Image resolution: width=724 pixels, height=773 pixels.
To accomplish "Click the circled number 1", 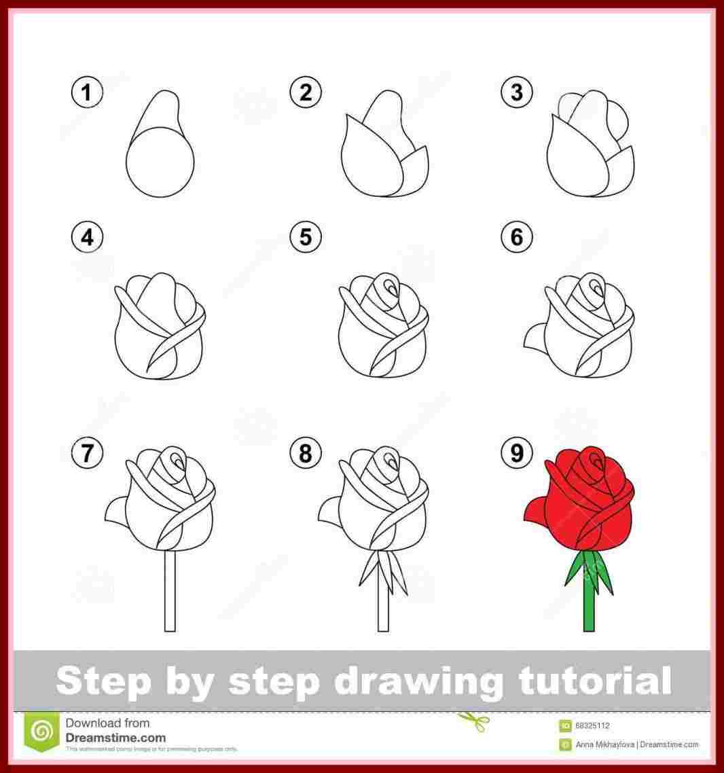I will click(86, 92).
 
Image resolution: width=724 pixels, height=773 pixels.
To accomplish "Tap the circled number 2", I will click(306, 92).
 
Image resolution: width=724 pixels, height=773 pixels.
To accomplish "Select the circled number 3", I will click(517, 92).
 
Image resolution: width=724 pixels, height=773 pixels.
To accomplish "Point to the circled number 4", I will click(86, 237).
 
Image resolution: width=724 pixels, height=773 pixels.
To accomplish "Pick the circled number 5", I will click(306, 237).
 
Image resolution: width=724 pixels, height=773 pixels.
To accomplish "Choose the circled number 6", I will click(517, 237).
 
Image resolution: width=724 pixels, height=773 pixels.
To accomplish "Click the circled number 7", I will click(86, 453).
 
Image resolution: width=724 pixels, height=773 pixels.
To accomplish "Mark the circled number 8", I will click(306, 453).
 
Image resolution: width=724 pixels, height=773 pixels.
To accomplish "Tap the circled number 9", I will click(517, 453).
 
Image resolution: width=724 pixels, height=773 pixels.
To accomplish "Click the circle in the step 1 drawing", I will click(160, 162).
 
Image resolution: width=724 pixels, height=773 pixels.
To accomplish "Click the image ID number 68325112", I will click(592, 725).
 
